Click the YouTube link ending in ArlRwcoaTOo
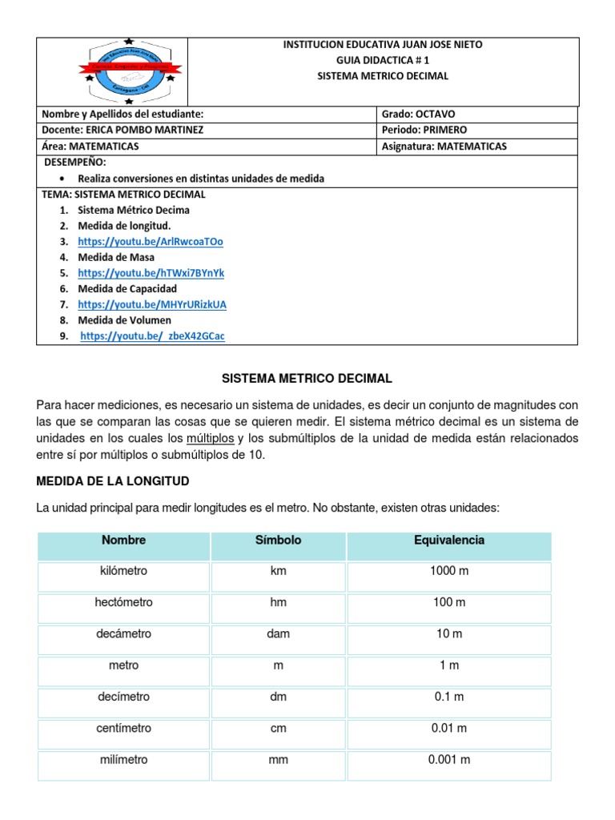click(151, 241)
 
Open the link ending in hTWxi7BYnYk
click(151, 273)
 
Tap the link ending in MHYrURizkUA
click(152, 304)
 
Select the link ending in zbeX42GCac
click(153, 336)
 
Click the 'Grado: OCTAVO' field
click(418, 115)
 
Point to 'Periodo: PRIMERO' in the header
click(424, 130)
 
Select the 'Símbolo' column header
click(278, 541)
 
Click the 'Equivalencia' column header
click(448, 541)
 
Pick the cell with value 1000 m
click(448, 571)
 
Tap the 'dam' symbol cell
click(278, 634)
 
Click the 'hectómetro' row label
click(123, 602)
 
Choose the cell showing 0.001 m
click(448, 760)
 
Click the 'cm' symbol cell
click(278, 729)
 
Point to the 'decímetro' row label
click(123, 697)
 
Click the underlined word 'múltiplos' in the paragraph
click(211, 439)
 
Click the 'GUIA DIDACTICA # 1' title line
click(383, 60)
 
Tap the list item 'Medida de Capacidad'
click(127, 288)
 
